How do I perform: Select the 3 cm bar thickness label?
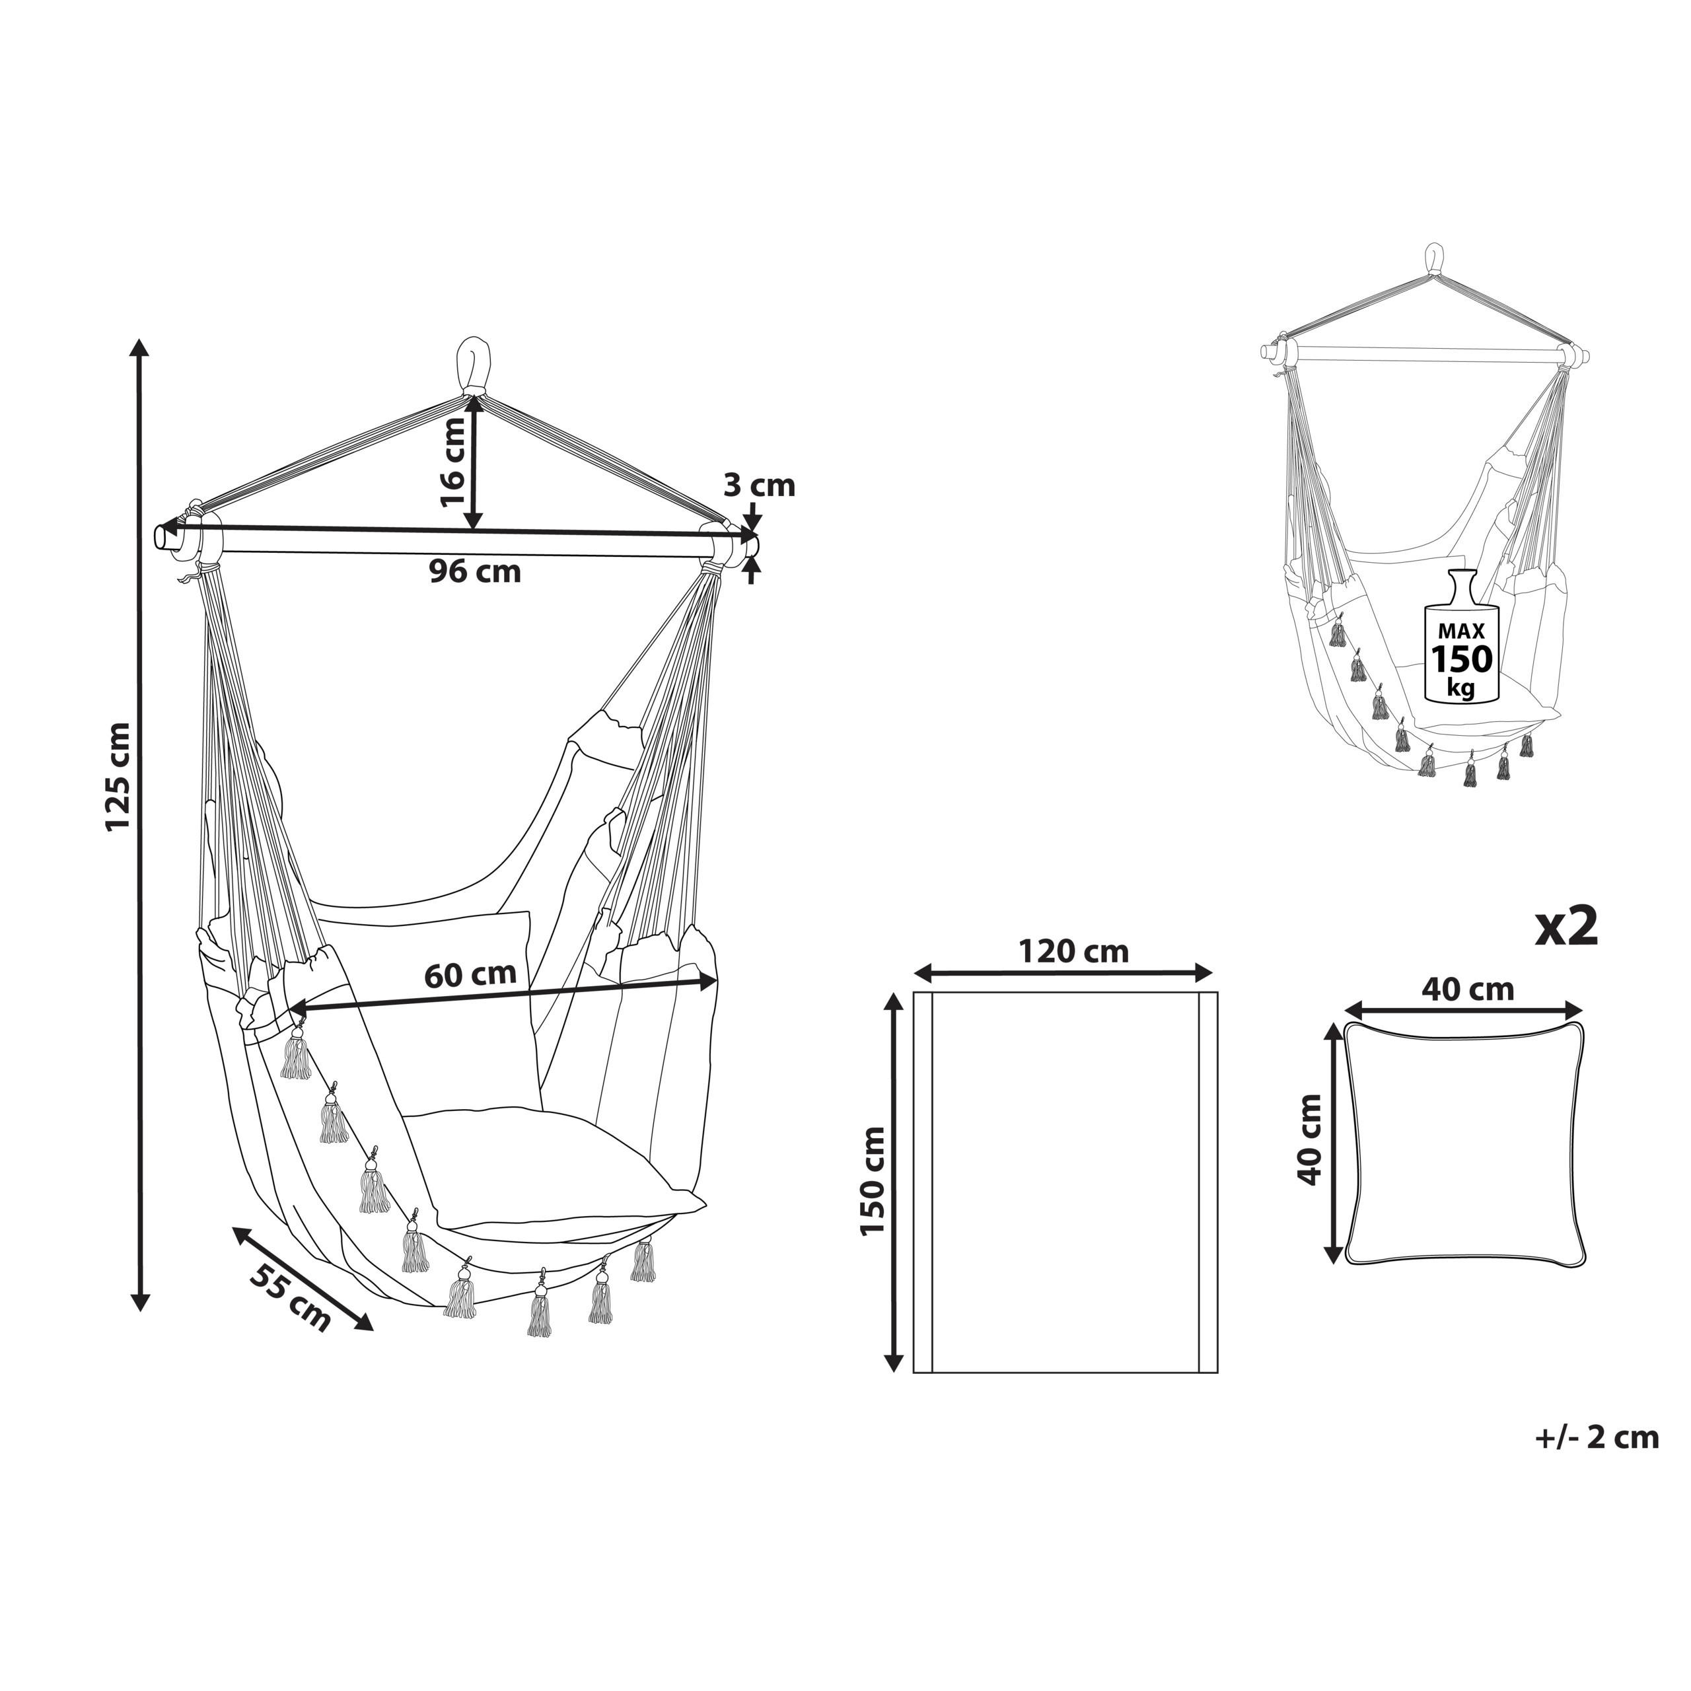click(759, 485)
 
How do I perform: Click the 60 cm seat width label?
click(470, 974)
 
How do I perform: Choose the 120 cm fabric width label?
click(1073, 951)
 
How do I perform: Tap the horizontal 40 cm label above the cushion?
click(1467, 989)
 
